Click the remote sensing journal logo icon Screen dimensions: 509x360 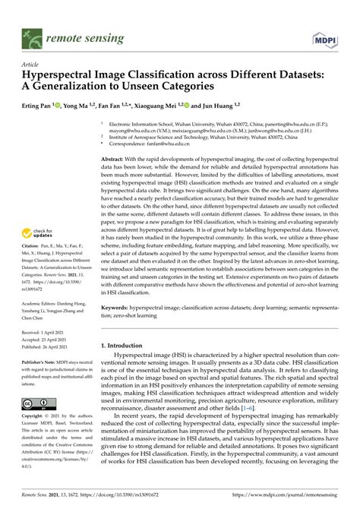(x=32, y=36)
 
